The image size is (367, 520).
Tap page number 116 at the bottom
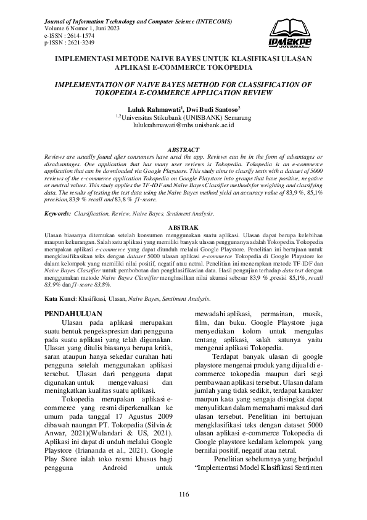click(x=183, y=494)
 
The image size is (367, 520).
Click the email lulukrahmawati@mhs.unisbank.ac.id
click(x=183, y=125)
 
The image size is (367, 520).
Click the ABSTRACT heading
click(x=183, y=150)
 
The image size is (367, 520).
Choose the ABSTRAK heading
click(x=183, y=228)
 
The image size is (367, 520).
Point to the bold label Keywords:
click(x=58, y=213)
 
